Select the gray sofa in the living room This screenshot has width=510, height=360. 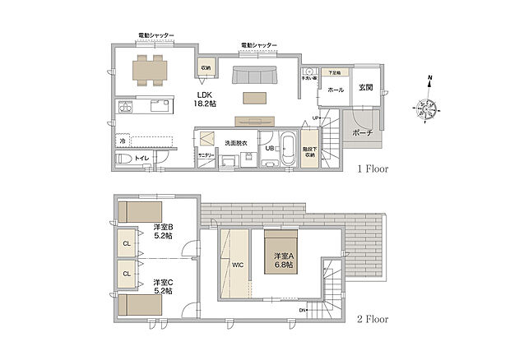click(x=256, y=76)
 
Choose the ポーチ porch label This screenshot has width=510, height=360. click(x=362, y=132)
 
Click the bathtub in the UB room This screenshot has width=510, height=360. click(x=289, y=150)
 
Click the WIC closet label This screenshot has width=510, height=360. click(x=235, y=265)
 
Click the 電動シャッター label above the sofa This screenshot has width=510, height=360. click(x=259, y=45)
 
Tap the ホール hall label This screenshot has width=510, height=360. click(x=336, y=89)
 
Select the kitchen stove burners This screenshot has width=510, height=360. click(x=126, y=107)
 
